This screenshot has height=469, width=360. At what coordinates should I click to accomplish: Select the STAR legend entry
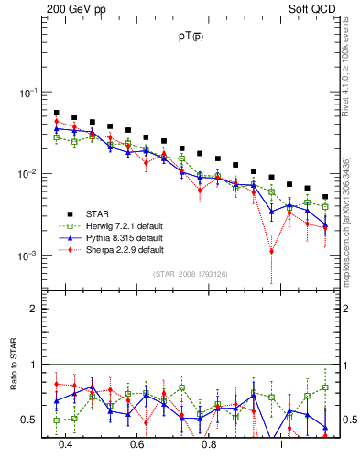[111, 214]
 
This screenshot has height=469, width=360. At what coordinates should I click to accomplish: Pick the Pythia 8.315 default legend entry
[125, 237]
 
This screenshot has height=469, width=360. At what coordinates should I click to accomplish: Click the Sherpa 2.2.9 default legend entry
[125, 249]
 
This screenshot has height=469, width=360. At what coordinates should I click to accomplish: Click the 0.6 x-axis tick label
[137, 446]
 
